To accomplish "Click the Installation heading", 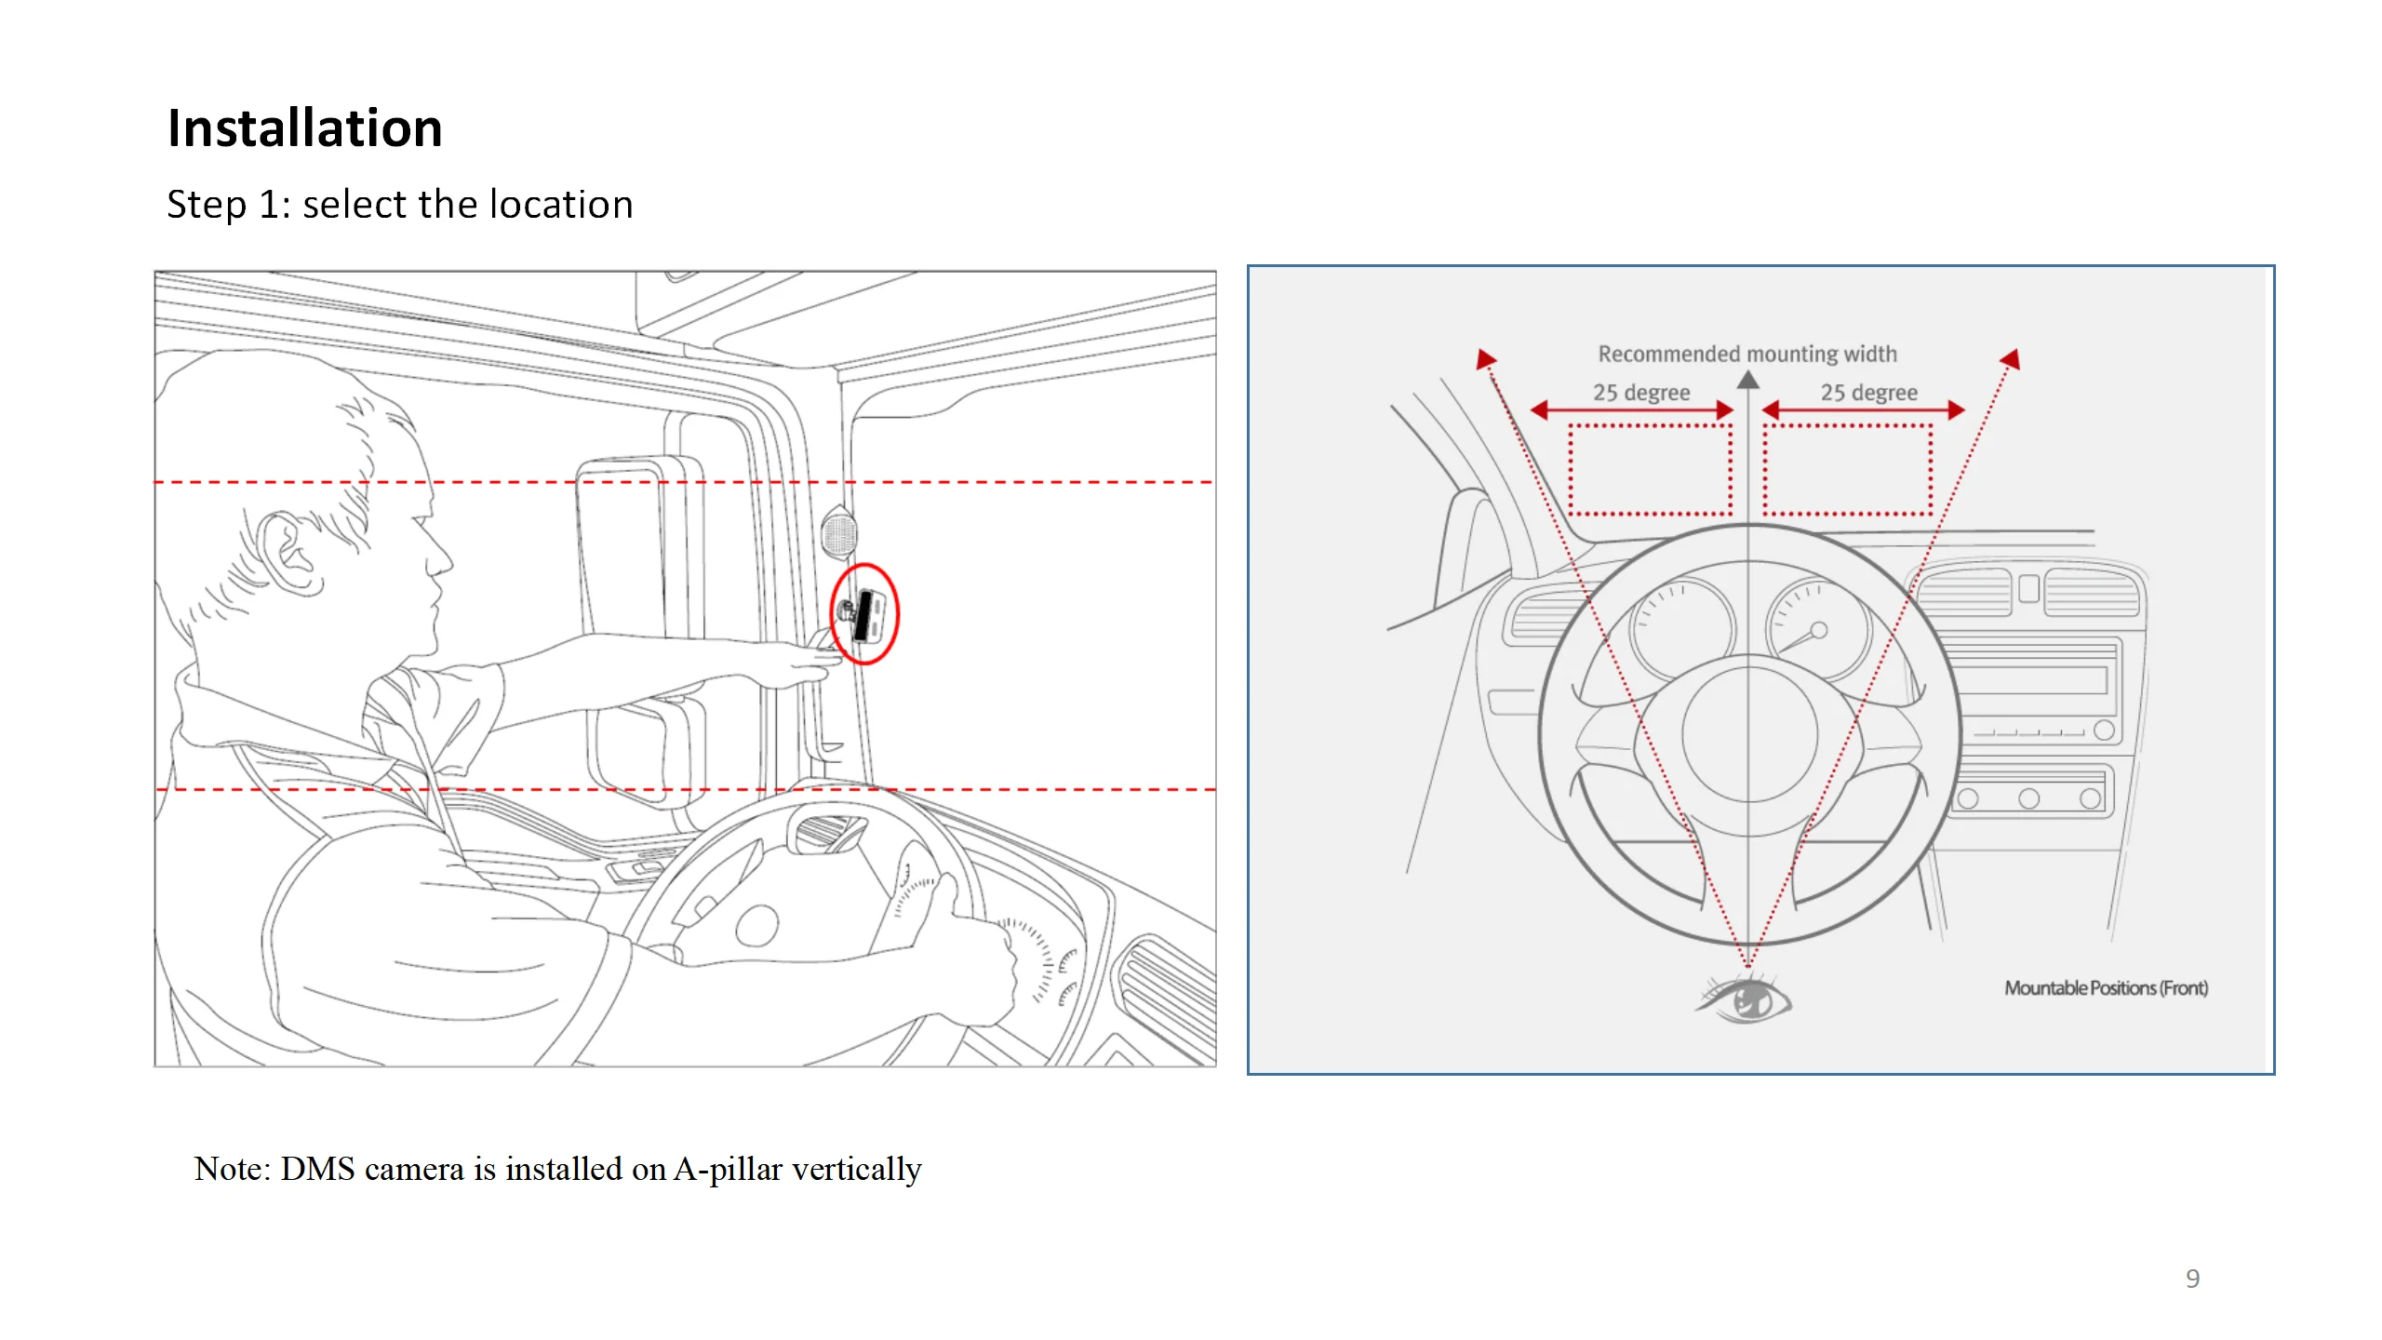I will click(304, 127).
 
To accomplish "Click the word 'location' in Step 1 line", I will click(561, 204).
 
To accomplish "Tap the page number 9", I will click(2192, 1279).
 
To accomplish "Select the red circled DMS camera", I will click(864, 614).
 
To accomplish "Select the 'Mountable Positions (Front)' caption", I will click(2106, 988).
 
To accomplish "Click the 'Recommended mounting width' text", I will click(1746, 354).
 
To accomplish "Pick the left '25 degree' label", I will click(1641, 393).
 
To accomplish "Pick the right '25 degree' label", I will click(1868, 393).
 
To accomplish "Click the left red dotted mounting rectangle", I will click(1650, 470).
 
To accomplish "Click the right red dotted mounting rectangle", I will click(1847, 470).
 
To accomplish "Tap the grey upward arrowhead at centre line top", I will click(1748, 380).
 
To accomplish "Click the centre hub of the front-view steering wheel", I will click(1749, 735).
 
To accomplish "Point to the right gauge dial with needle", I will click(1817, 628).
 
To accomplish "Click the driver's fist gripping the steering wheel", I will click(977, 958).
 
